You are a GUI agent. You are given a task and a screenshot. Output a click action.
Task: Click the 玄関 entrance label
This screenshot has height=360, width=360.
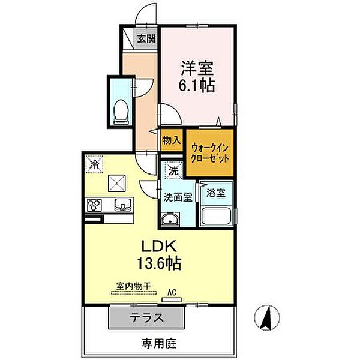[x=145, y=40]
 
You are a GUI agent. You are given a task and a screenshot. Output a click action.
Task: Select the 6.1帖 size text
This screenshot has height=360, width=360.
[x=195, y=85]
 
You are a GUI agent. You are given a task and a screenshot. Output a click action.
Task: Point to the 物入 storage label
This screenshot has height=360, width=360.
[x=171, y=140]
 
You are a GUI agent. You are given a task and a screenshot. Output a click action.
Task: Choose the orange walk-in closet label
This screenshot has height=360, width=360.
[x=210, y=152]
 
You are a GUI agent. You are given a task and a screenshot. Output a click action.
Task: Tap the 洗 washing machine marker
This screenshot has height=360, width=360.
[x=173, y=170]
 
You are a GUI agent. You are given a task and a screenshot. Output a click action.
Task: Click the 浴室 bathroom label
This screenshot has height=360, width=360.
[x=216, y=193]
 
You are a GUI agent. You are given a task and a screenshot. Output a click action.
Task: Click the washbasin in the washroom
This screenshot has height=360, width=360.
[x=172, y=219]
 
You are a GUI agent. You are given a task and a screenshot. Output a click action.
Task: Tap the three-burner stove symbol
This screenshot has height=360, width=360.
[x=94, y=206]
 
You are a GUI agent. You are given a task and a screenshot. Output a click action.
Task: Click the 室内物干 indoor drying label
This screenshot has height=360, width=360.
[x=133, y=287]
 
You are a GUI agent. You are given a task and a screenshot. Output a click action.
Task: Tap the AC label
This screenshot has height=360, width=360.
[x=172, y=292]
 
